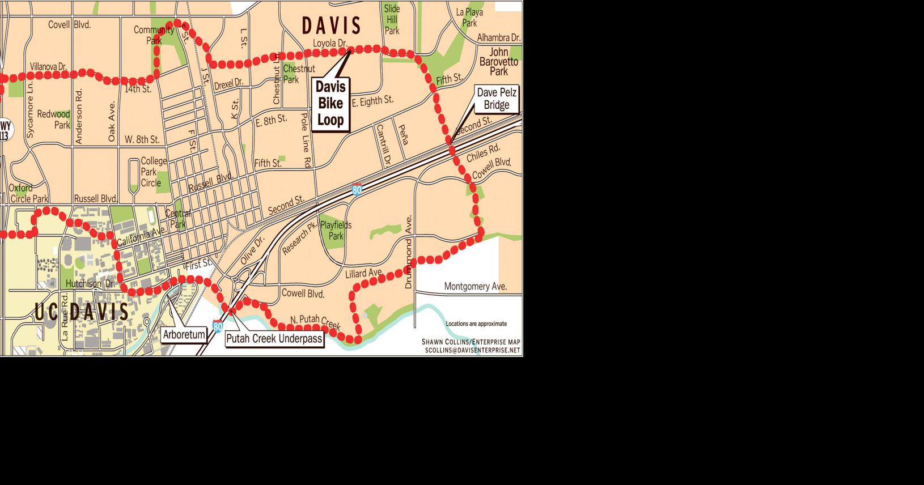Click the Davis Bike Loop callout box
(x=330, y=104)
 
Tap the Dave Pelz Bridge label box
(x=497, y=99)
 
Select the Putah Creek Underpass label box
(x=274, y=339)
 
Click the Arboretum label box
(x=184, y=335)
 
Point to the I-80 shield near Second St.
(x=356, y=190)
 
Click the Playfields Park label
(x=336, y=230)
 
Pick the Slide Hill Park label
(x=392, y=19)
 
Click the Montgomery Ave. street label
(x=474, y=287)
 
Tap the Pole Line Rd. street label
(x=306, y=139)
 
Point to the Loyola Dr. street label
(x=330, y=44)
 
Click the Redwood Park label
(x=54, y=120)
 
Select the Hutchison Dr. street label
(x=90, y=283)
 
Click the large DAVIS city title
(x=331, y=25)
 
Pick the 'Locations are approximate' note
(x=476, y=324)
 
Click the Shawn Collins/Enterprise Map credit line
(x=471, y=342)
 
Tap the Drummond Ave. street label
(x=409, y=252)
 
